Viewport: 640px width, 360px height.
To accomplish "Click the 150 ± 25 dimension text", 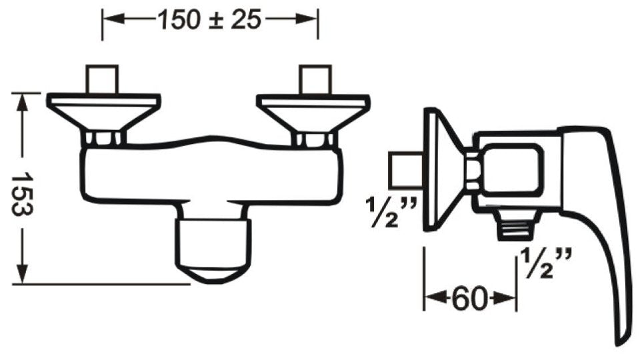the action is (209, 19).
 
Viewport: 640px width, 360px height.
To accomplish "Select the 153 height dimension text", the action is (21, 193).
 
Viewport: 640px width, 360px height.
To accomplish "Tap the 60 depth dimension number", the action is (470, 299).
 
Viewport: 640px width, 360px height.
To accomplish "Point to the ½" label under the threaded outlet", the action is (546, 264).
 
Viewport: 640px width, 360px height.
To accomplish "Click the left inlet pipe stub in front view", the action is (102, 79).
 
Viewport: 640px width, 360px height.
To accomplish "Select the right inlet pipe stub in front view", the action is (315, 79).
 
